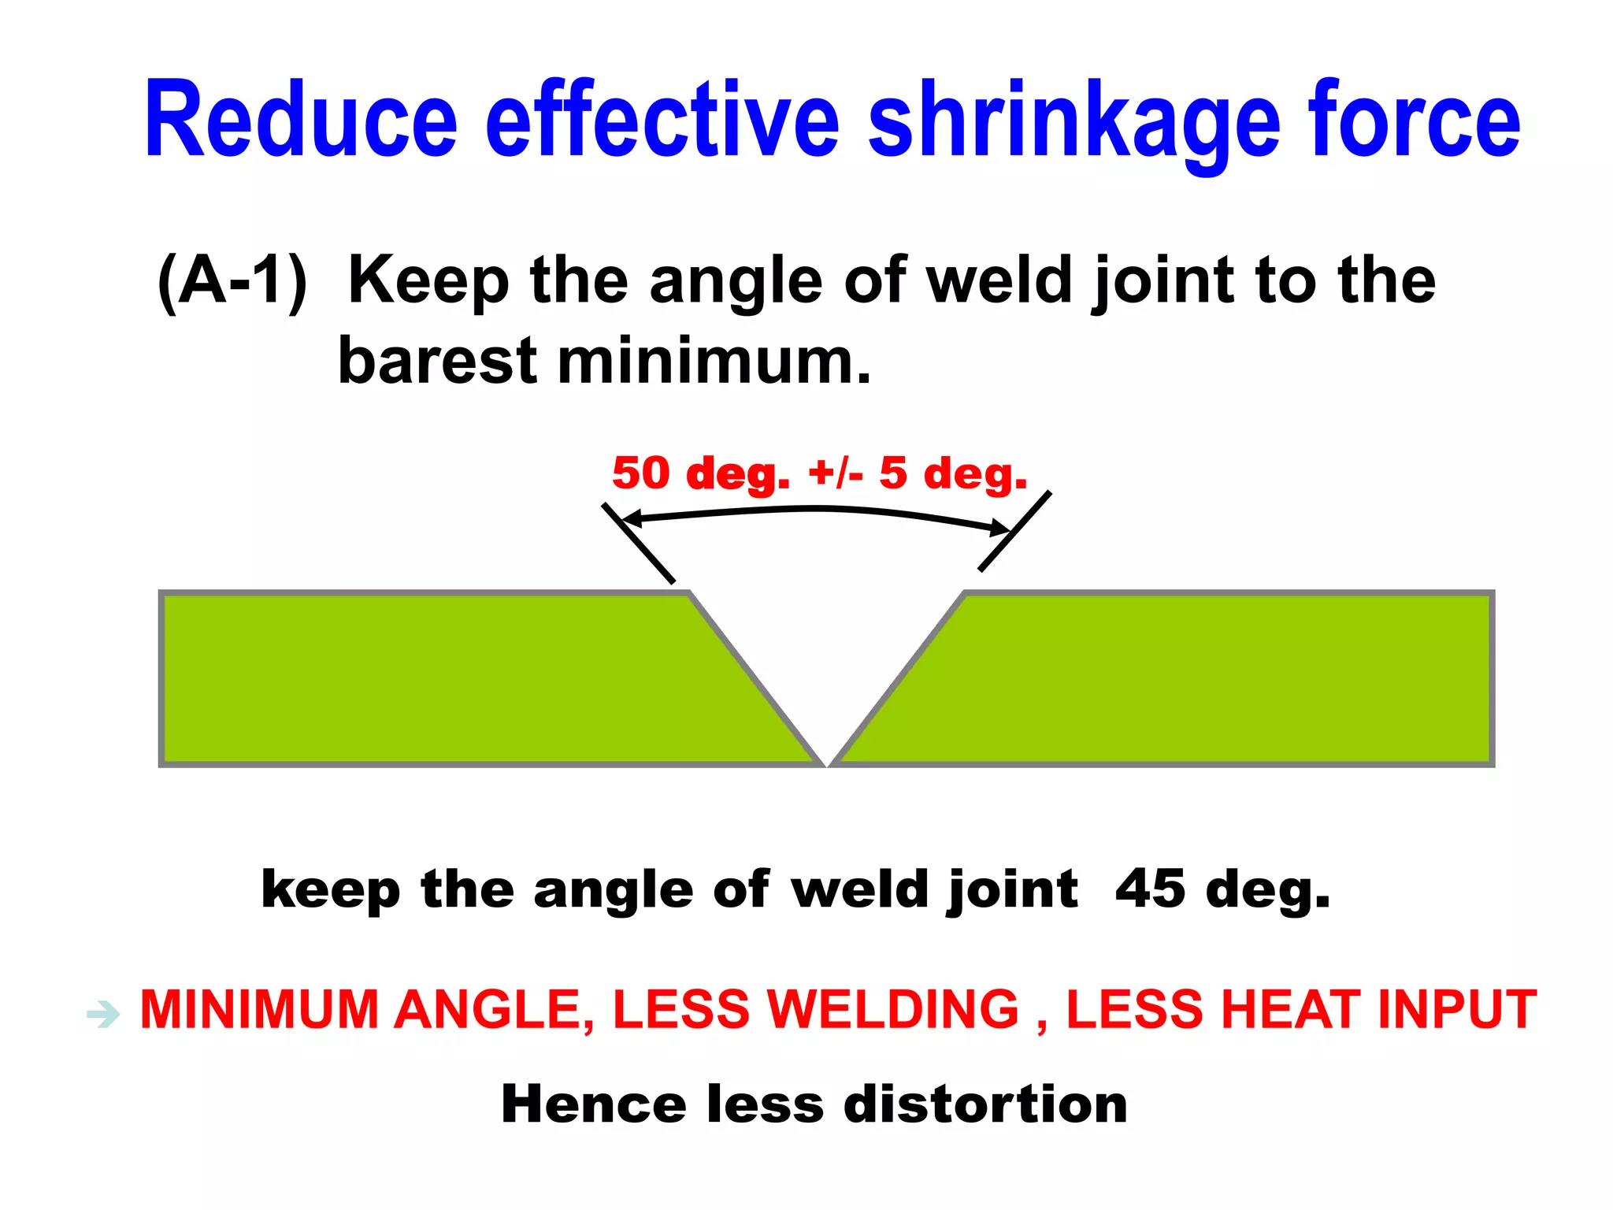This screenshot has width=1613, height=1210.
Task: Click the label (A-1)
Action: [x=232, y=281]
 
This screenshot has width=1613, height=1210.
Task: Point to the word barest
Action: [x=437, y=362]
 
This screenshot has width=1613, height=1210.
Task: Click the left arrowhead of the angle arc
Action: [x=628, y=519]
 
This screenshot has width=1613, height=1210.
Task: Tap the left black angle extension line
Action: [x=639, y=544]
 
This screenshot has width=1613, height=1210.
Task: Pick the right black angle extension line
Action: [x=1014, y=531]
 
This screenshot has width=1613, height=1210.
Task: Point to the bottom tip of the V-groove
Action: [x=827, y=763]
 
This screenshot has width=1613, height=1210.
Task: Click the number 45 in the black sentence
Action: [x=1150, y=889]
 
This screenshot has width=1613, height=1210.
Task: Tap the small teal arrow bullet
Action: [x=103, y=1014]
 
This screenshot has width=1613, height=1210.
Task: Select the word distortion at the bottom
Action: [x=985, y=1104]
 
